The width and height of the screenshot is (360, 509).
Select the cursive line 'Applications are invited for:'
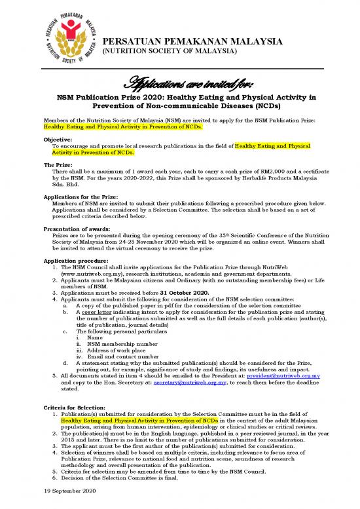click(x=179, y=83)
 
